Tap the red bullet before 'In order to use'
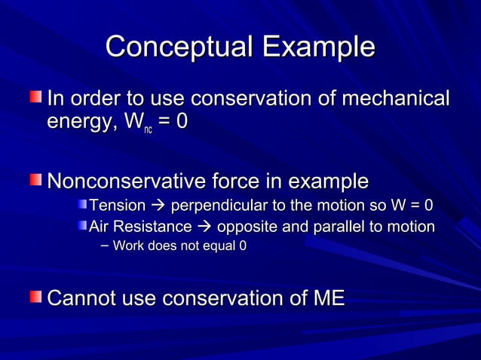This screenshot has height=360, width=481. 37,98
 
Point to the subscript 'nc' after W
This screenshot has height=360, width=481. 148,130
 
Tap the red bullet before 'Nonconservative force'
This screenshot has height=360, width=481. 37,181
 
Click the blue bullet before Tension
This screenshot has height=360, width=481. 81,206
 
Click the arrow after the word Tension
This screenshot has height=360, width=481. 159,206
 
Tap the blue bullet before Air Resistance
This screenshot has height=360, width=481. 81,226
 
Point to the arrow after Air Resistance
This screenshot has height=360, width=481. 204,227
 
